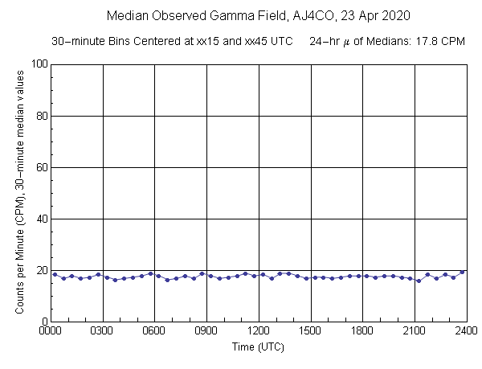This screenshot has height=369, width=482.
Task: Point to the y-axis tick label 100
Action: tap(36, 64)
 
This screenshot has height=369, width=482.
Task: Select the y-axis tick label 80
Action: tap(39, 116)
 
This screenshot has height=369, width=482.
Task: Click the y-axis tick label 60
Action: tap(39, 167)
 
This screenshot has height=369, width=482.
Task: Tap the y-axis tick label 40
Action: tap(39, 219)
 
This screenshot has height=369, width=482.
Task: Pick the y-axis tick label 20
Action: tap(39, 270)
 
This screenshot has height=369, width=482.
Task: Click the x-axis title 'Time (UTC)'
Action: tap(258, 347)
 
